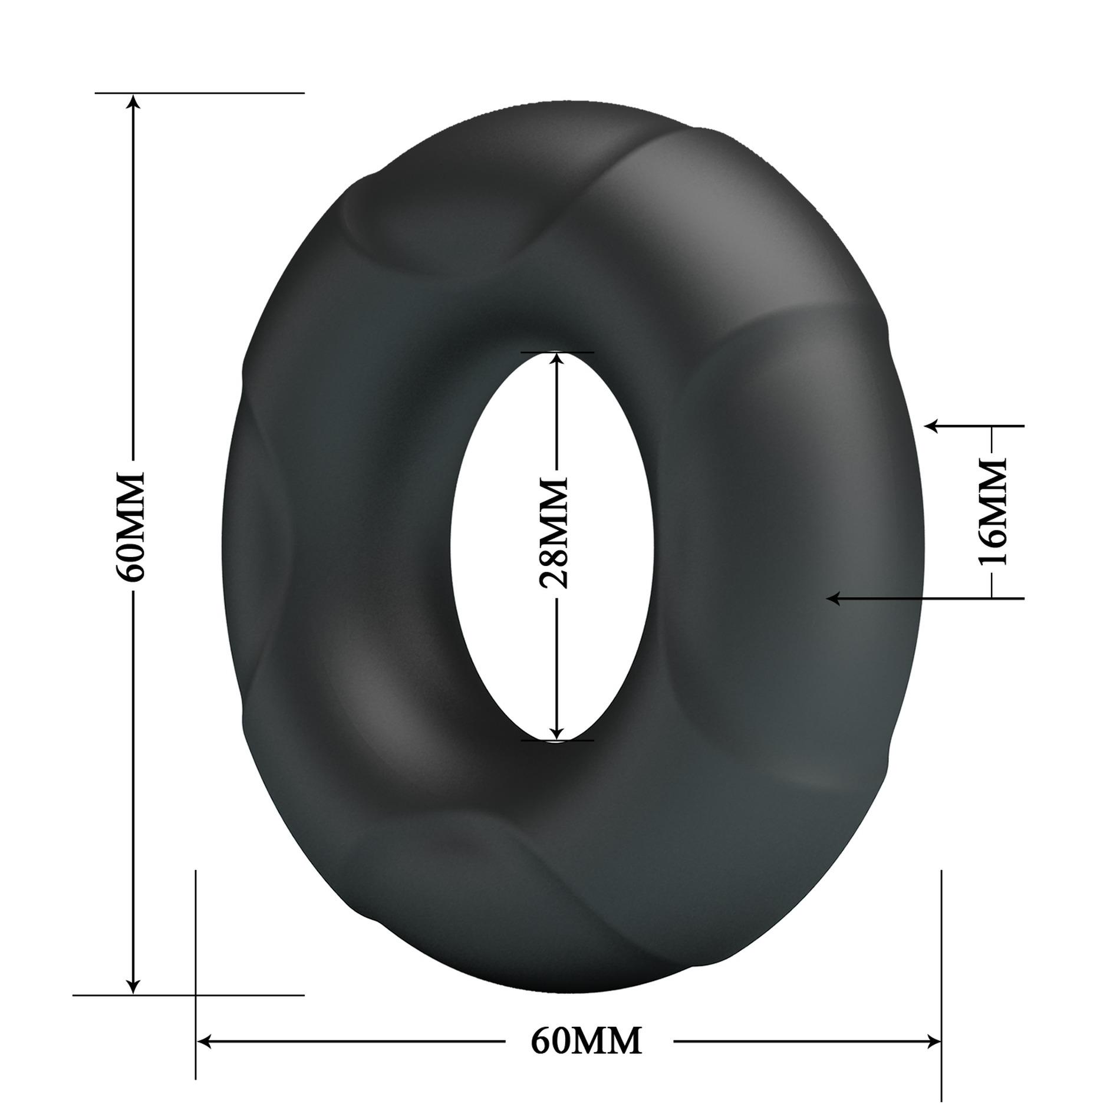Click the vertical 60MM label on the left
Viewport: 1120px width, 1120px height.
coord(130,526)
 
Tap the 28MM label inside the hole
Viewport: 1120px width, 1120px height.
coord(555,533)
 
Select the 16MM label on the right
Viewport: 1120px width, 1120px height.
coord(992,512)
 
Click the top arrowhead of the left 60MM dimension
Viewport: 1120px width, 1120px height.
coord(134,102)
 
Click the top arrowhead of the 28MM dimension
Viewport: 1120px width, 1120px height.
coord(556,361)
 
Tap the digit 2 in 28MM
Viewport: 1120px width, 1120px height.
coord(555,578)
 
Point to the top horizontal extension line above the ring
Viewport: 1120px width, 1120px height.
coord(200,93)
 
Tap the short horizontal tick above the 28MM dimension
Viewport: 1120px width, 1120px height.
coord(557,353)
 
